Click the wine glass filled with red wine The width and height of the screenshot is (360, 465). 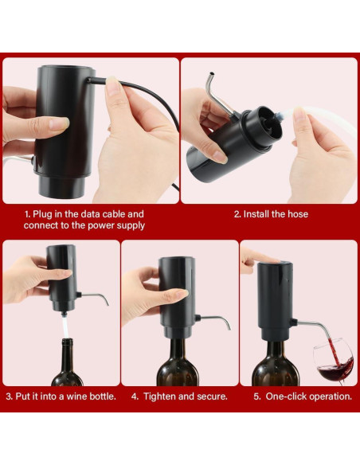coord(335,365)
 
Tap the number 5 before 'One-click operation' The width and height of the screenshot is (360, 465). coord(256,396)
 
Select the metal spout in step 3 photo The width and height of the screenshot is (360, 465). coord(94,296)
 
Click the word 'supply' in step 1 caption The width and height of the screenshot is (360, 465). coord(128,225)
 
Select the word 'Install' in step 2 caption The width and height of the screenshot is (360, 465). coord(260,214)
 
